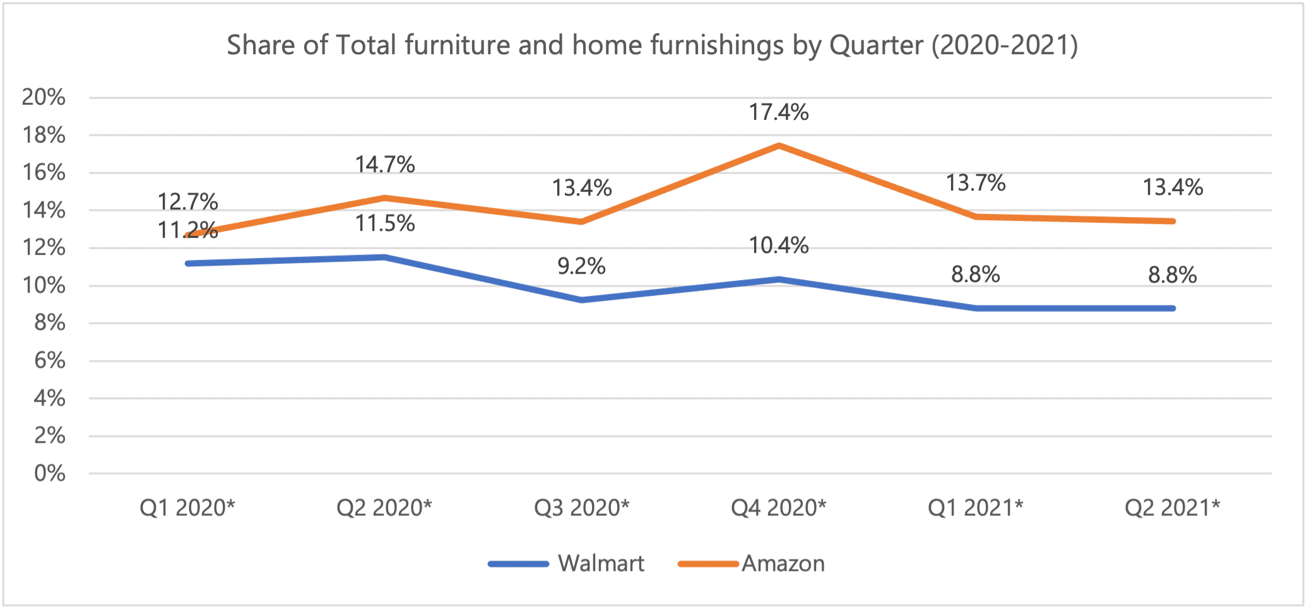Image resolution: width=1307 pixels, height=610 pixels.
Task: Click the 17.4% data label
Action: pyautogui.click(x=778, y=112)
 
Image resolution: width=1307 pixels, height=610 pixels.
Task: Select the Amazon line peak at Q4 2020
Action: pyautogui.click(x=779, y=146)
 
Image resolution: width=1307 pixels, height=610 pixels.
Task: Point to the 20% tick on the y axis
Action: pyautogui.click(x=44, y=97)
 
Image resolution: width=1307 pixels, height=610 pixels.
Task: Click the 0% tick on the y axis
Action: pyautogui.click(x=49, y=473)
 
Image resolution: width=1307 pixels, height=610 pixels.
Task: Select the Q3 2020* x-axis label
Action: pyautogui.click(x=581, y=507)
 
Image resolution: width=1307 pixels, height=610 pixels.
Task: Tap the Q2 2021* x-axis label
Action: pyautogui.click(x=1172, y=507)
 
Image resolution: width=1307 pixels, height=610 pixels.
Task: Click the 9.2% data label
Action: pyautogui.click(x=581, y=266)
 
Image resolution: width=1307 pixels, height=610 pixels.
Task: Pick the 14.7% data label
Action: pyautogui.click(x=384, y=165)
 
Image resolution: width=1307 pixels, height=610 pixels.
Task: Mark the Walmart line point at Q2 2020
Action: pyautogui.click(x=384, y=257)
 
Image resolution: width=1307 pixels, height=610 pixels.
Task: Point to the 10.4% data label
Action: pyautogui.click(x=778, y=245)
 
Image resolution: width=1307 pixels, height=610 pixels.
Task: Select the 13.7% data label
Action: pyautogui.click(x=975, y=183)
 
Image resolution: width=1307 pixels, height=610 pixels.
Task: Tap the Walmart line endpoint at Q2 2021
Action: pyautogui.click(x=1173, y=308)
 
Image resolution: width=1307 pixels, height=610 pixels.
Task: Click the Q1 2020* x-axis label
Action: pyautogui.click(x=187, y=507)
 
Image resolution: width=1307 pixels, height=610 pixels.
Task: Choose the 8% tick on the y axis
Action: pyautogui.click(x=49, y=323)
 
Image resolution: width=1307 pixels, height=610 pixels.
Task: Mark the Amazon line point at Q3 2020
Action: pyautogui.click(x=581, y=221)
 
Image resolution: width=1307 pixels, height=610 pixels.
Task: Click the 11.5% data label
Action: pyautogui.click(x=384, y=223)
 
